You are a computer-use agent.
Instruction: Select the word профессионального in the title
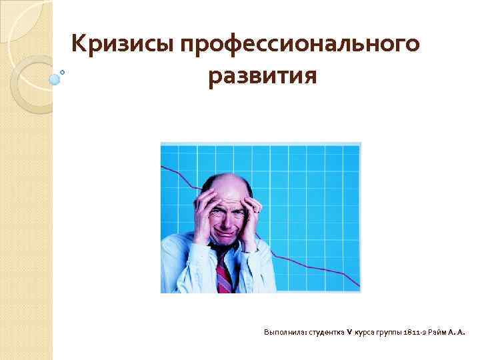(x=299, y=45)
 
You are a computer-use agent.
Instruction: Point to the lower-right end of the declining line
(x=359, y=287)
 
